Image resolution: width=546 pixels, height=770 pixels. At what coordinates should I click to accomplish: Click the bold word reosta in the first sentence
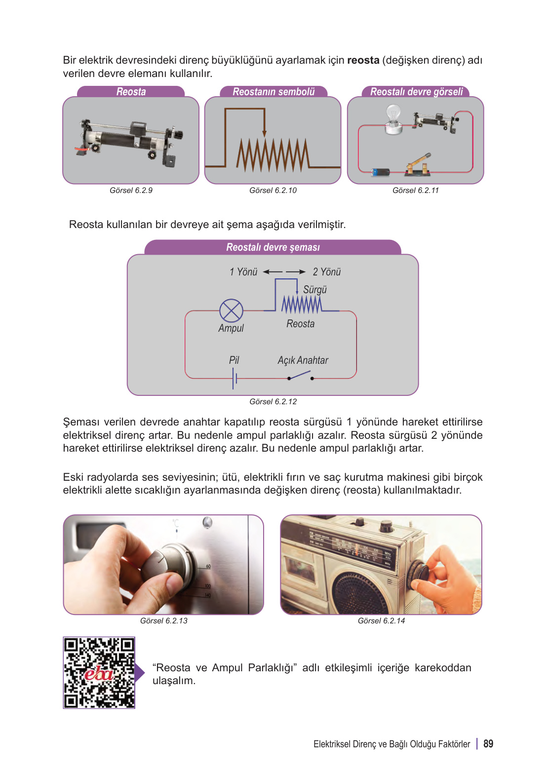(363, 60)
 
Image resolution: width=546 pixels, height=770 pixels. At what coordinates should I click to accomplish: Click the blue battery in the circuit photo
(380, 172)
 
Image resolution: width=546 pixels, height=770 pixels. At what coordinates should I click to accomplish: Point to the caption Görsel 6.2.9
(131, 191)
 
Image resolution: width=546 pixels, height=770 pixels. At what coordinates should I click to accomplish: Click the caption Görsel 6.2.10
(273, 191)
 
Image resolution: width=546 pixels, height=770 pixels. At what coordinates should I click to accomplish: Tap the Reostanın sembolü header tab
(273, 92)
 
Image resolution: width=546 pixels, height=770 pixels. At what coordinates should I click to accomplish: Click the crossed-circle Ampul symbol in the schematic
(231, 311)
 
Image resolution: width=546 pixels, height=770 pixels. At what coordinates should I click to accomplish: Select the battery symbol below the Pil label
(235, 379)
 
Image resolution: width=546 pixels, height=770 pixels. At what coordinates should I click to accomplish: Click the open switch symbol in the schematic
(300, 376)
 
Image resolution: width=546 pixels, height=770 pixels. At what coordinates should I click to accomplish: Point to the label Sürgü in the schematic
(315, 290)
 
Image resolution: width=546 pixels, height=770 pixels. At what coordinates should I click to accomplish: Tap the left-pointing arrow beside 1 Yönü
(273, 272)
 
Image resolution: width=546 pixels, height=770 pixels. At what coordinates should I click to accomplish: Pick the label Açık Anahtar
(303, 360)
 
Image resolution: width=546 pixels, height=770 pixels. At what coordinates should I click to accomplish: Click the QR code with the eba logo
(99, 672)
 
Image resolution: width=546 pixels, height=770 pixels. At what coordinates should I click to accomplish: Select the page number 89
(488, 744)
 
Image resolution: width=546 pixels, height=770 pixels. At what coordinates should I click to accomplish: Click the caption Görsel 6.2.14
(381, 621)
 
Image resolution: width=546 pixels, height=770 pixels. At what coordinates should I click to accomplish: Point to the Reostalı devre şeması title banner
(273, 247)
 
